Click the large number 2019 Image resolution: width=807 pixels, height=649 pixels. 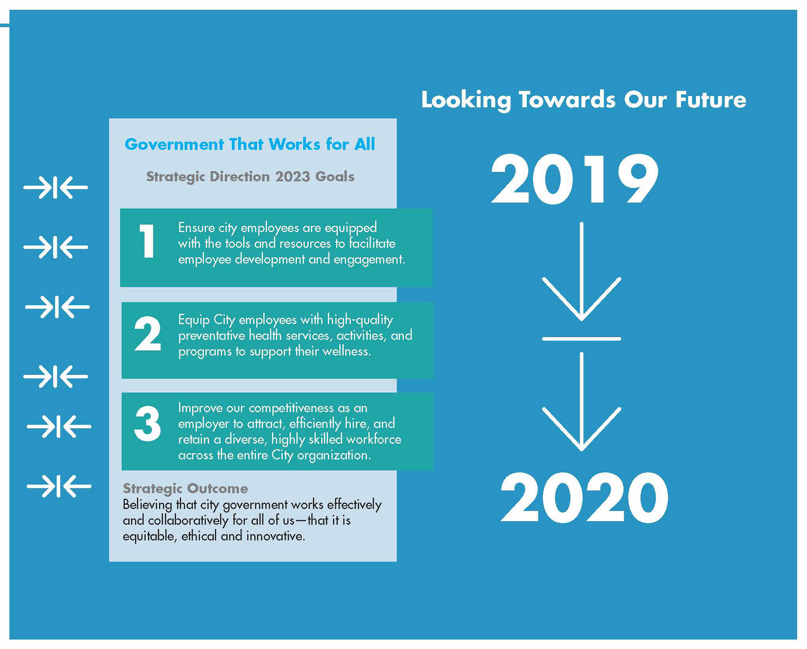click(x=575, y=179)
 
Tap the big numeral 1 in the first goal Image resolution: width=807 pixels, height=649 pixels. click(x=147, y=241)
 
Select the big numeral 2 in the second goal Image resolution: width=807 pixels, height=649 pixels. click(x=148, y=334)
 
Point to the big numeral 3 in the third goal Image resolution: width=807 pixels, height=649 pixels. click(x=148, y=423)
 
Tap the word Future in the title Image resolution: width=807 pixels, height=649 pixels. click(x=711, y=100)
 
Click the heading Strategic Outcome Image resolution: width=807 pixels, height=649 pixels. click(x=185, y=489)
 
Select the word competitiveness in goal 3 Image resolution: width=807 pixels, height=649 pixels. click(x=291, y=408)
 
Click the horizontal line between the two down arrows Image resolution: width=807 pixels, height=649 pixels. click(x=581, y=339)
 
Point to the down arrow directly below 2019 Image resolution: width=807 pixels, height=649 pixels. click(x=581, y=271)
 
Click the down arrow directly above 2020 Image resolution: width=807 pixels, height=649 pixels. click(x=581, y=402)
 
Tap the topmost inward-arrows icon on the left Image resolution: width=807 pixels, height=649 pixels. click(x=55, y=187)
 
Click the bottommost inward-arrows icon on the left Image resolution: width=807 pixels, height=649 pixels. click(x=59, y=486)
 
